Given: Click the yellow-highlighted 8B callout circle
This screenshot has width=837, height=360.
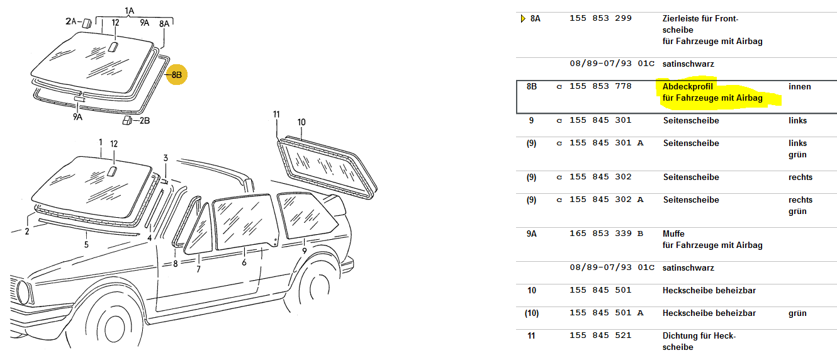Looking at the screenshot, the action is (177, 75).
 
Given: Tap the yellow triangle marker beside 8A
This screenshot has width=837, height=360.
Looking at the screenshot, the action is (523, 18).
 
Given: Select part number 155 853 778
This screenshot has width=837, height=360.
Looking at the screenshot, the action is (600, 86).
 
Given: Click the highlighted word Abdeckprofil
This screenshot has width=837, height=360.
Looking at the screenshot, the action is (687, 86).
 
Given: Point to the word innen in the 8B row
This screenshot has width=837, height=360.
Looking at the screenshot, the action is (800, 86).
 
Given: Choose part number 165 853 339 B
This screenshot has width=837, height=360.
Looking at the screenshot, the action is (606, 233).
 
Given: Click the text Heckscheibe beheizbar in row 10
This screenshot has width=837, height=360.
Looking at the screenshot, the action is (709, 291).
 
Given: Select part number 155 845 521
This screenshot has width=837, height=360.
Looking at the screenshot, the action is (600, 335).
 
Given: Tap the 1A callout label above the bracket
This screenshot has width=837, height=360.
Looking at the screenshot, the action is (129, 11).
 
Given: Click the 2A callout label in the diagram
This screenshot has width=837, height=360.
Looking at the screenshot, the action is (71, 21).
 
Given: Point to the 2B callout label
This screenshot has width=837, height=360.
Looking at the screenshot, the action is (145, 120).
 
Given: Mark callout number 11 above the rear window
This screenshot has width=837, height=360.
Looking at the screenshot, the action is (276, 114).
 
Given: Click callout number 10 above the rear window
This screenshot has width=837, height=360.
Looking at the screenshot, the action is (301, 122).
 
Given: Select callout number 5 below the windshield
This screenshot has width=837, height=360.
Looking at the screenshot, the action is (86, 245).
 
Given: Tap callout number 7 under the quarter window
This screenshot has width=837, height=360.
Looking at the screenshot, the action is (198, 269).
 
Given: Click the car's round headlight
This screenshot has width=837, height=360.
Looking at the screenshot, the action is (23, 292).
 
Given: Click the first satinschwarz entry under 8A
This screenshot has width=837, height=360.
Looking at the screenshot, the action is (688, 64).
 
